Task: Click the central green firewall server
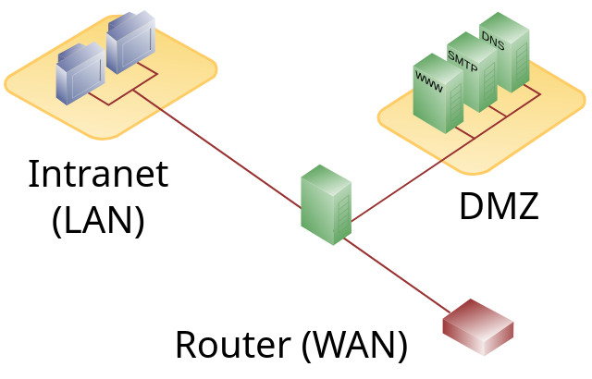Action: coord(326,204)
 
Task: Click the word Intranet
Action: coord(98,175)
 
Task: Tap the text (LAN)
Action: coord(98,221)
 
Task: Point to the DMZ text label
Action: coord(498,206)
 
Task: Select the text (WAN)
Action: coord(354,345)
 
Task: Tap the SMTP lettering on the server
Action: coord(462,58)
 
